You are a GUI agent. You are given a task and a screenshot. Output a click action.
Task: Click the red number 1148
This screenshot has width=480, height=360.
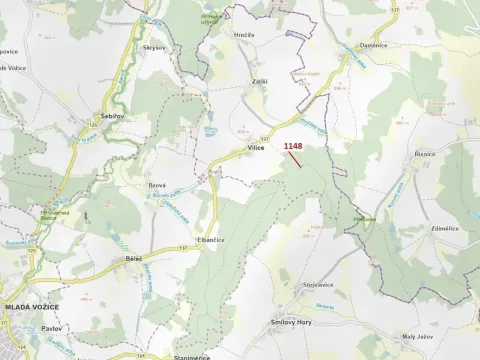click(x=293, y=146)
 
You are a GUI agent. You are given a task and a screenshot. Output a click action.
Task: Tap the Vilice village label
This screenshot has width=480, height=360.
click(x=254, y=147)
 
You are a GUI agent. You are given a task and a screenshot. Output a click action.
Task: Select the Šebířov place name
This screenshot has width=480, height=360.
click(x=111, y=117)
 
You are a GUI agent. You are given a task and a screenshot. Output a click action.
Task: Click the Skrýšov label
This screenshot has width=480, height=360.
click(x=154, y=46)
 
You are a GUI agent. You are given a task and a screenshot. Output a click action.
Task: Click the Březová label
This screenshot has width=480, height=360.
click(x=157, y=185)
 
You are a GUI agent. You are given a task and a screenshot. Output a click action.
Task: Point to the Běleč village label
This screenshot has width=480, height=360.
click(x=134, y=257)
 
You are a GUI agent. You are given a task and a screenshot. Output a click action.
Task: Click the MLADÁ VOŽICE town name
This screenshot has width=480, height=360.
click(x=31, y=306)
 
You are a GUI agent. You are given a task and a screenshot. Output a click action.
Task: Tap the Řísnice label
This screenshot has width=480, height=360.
click(x=426, y=155)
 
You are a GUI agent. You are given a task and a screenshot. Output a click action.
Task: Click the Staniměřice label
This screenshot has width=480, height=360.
click(x=191, y=356)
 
